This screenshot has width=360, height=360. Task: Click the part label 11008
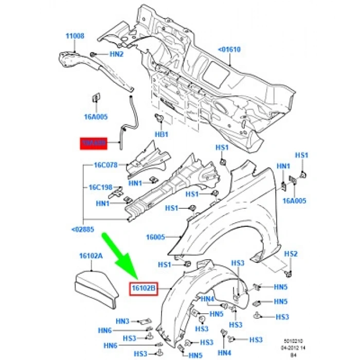tap(75, 37)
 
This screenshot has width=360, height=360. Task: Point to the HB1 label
tap(162, 134)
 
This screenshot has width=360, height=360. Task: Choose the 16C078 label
tap(106, 166)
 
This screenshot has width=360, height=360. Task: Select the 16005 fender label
tap(155, 237)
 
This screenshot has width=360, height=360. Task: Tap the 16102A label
tap(91, 256)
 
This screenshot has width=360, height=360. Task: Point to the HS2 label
tap(291, 254)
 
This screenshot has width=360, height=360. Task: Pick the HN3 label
tap(122, 321)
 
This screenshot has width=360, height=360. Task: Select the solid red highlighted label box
tap(93, 143)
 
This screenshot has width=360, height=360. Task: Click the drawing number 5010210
tap(297, 340)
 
